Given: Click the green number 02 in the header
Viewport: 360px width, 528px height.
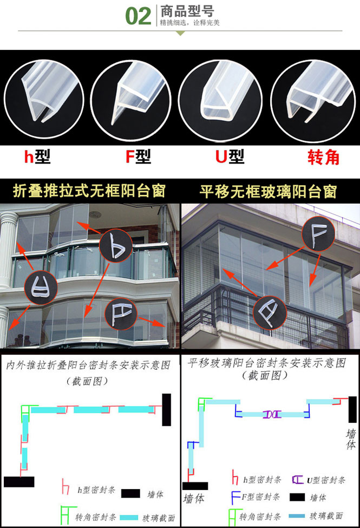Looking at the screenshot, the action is point(138,16).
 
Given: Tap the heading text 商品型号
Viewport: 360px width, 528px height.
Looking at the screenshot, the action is point(187,11).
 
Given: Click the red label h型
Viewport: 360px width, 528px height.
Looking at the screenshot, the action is point(37,157).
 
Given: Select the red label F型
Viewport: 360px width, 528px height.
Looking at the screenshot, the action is point(138,157).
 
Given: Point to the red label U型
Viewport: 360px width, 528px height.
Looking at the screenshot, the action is point(230,157).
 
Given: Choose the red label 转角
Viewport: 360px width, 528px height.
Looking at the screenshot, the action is point(323,157).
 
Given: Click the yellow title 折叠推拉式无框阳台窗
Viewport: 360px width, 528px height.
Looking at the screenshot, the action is point(89,191).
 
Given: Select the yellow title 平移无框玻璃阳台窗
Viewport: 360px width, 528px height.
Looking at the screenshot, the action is point(268,192).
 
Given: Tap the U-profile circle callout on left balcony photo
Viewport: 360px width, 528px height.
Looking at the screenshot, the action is point(41,288).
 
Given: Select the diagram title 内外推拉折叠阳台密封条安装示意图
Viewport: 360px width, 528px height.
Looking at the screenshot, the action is point(89,364).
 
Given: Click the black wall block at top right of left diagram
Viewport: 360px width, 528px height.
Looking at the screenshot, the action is point(166,410).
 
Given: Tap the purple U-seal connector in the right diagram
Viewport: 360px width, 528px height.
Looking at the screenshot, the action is point(272,414).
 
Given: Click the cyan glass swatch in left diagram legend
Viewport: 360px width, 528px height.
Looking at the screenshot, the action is point(129,517).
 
